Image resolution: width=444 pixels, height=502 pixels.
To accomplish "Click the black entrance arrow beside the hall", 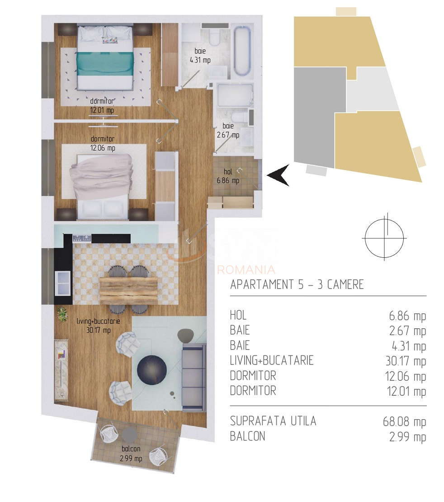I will coord(279,175).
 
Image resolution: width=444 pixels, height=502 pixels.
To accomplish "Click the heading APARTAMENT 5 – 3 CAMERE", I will coord(297,284).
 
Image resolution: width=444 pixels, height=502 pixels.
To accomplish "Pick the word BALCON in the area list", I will coord(247,436).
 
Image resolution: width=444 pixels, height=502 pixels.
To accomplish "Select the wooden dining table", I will coord(128,290).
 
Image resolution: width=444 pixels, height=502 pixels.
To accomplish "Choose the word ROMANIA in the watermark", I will coord(246,270).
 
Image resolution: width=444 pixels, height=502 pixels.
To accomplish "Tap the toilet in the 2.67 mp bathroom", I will coord(242,117).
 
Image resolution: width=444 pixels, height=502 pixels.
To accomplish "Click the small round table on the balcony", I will coord(130,435).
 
